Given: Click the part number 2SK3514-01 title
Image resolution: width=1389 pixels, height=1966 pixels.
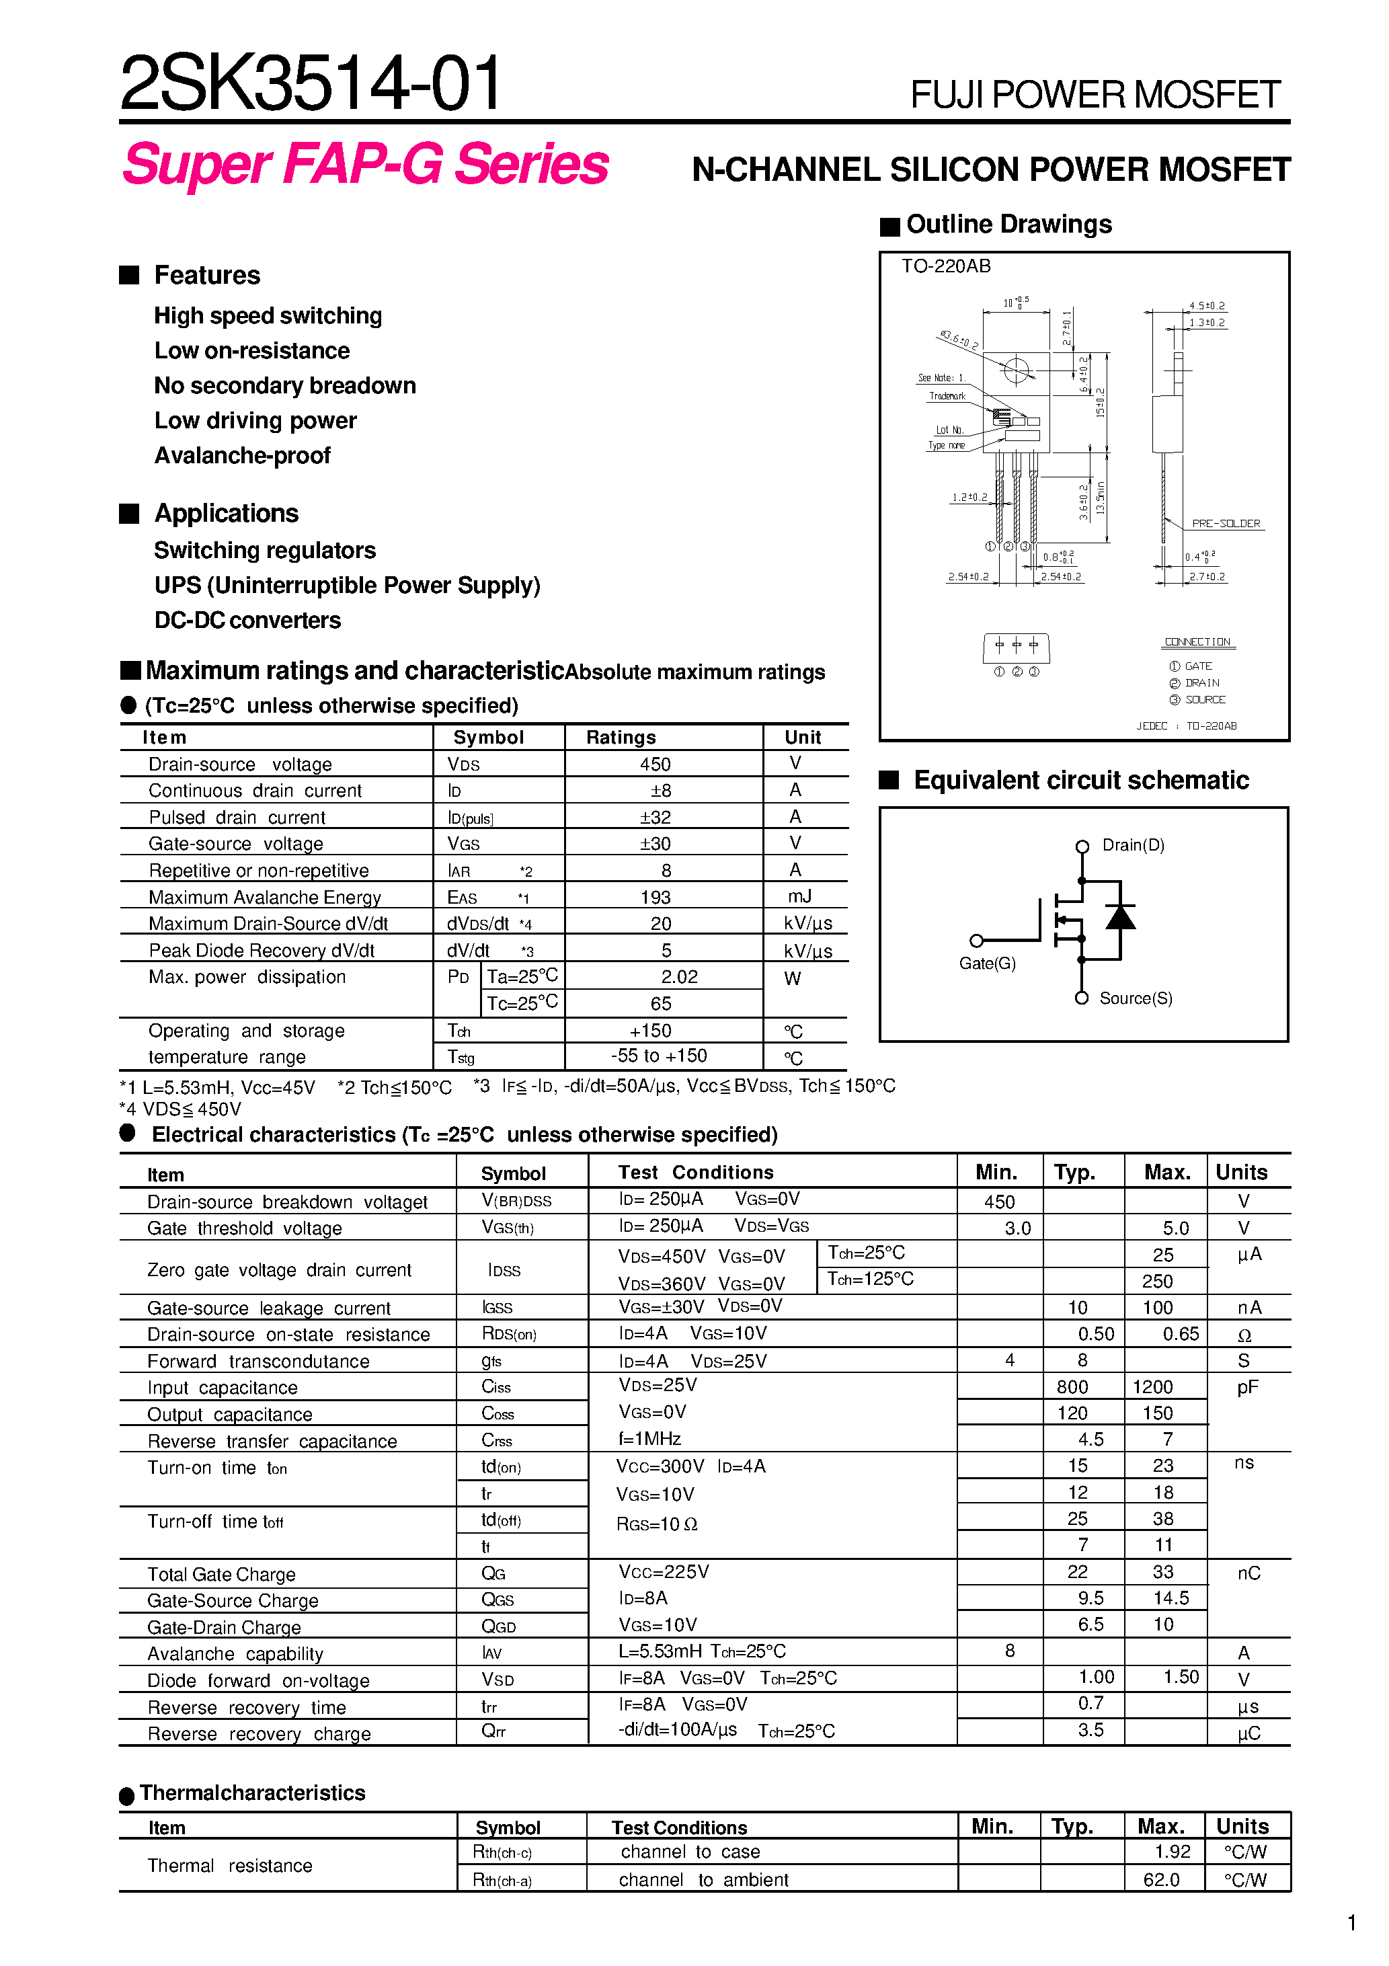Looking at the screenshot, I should point(310,83).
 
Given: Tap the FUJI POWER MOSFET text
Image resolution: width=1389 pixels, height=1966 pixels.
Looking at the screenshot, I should point(1095,94).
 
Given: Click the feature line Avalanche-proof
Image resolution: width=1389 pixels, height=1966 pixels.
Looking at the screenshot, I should point(242,456).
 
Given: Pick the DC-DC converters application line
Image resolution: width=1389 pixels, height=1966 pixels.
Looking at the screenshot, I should point(247,620).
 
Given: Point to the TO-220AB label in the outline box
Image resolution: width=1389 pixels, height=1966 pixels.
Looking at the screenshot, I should point(945,266).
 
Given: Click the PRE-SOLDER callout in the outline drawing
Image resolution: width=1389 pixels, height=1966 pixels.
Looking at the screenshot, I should point(1226,523).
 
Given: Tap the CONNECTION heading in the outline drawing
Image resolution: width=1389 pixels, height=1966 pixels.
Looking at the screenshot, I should point(1197,641).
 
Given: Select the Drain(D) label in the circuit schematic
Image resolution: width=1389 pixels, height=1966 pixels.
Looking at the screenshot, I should point(1133,845).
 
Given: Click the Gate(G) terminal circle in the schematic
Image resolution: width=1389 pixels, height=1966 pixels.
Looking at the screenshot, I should point(976,940).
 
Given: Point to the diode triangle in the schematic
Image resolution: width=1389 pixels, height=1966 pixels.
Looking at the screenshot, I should point(1120,917).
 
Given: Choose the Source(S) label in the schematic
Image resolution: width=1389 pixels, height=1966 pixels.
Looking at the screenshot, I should point(1136,998).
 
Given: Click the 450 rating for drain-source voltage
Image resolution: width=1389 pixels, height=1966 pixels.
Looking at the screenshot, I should point(655,764).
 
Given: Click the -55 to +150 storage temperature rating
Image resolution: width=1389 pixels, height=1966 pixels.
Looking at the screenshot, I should point(659,1056).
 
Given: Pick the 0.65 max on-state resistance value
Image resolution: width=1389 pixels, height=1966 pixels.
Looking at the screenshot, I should point(1180,1334).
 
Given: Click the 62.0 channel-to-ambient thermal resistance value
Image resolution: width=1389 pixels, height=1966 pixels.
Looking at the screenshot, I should point(1161,1879).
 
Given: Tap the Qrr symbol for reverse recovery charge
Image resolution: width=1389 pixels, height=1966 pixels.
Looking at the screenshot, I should point(493,1731).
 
